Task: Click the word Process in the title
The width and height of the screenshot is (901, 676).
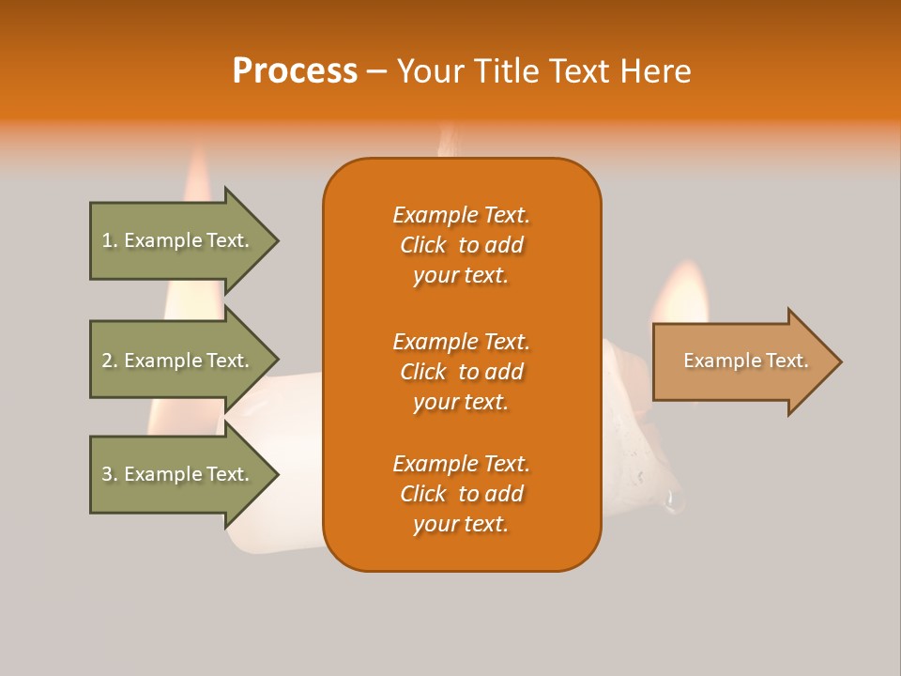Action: pyautogui.click(x=295, y=71)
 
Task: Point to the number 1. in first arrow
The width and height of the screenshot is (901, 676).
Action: pyautogui.click(x=110, y=240)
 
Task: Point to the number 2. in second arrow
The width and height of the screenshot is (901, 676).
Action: pyautogui.click(x=110, y=361)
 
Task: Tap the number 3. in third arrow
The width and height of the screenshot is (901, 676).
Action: pyautogui.click(x=110, y=474)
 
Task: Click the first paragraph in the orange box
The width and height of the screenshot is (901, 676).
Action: pyautogui.click(x=461, y=245)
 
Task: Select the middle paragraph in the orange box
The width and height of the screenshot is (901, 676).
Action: pyautogui.click(x=461, y=372)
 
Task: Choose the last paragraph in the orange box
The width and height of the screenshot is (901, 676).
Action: pyautogui.click(x=461, y=494)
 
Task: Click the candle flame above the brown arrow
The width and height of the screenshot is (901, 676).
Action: pyautogui.click(x=682, y=293)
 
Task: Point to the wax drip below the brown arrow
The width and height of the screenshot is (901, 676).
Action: pyautogui.click(x=673, y=501)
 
